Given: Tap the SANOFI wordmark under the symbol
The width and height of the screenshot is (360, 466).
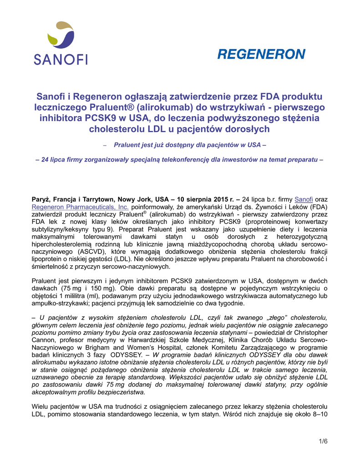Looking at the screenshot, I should pyautogui.click(x=61, y=59).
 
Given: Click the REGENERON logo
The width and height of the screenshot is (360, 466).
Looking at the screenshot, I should pyautogui.click(x=261, y=55).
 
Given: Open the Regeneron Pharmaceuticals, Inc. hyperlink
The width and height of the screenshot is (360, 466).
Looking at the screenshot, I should pyautogui.click(x=80, y=207).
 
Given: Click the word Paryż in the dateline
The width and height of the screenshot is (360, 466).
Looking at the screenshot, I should pyautogui.click(x=41, y=199).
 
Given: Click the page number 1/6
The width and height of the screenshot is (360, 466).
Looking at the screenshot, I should pyautogui.click(x=323, y=441).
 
